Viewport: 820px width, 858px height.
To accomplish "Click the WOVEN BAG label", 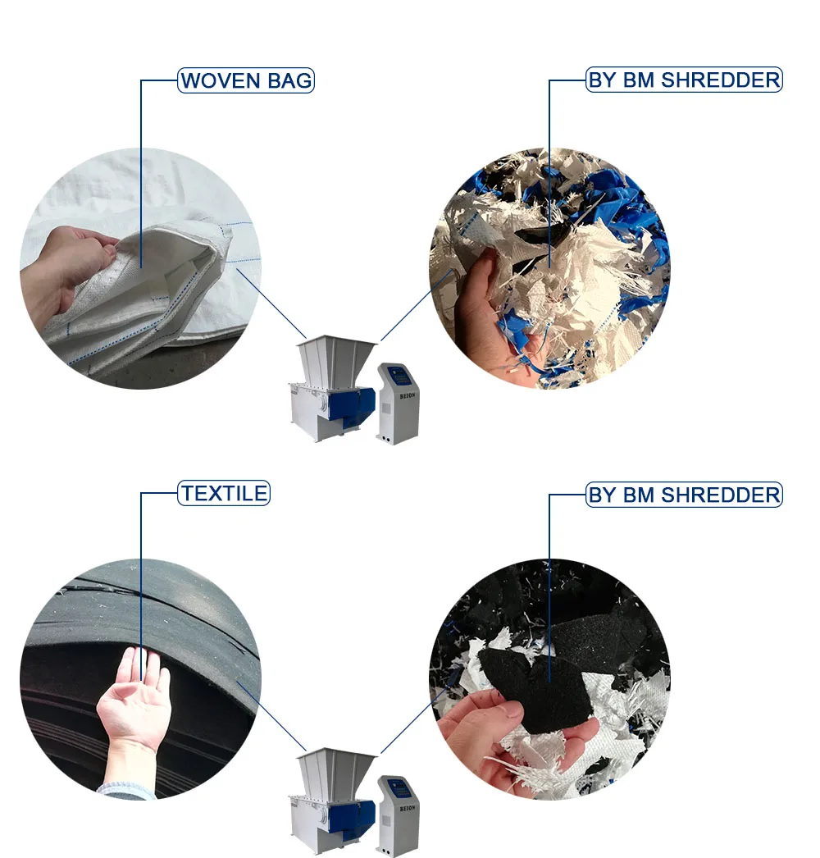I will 246,81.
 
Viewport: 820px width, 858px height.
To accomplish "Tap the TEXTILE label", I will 224,494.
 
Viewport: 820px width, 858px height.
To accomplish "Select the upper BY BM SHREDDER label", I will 684,80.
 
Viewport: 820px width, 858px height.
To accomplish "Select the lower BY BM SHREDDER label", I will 684,495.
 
